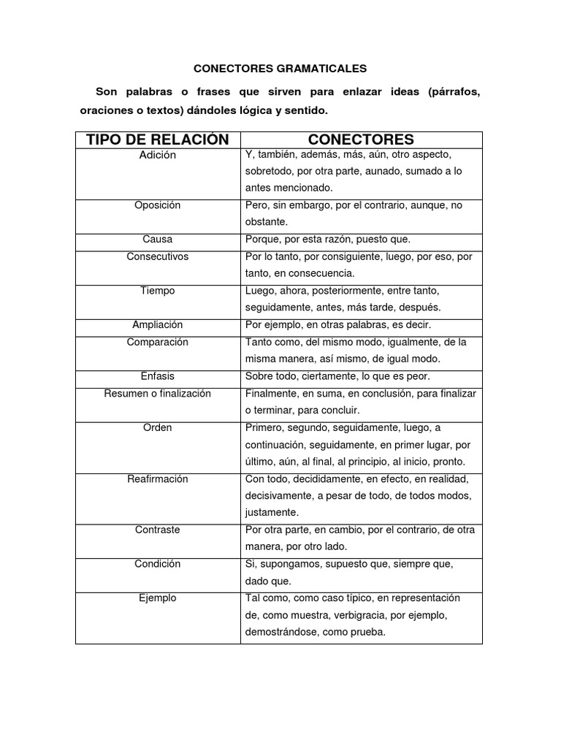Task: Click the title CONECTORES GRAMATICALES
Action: click(x=280, y=69)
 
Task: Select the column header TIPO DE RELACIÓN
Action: click(x=158, y=140)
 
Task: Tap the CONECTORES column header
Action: click(x=361, y=140)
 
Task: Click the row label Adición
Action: click(x=158, y=155)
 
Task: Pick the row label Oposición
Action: click(x=158, y=205)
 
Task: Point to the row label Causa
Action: click(x=158, y=239)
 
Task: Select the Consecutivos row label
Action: click(x=158, y=256)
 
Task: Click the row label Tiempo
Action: click(x=158, y=291)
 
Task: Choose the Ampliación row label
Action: click(x=158, y=324)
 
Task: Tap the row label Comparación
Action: click(x=158, y=342)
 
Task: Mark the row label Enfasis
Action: click(x=158, y=376)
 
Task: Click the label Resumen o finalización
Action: click(x=158, y=393)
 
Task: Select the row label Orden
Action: click(x=158, y=427)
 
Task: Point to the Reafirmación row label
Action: click(x=158, y=478)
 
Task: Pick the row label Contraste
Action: click(x=158, y=530)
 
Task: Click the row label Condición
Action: click(x=158, y=564)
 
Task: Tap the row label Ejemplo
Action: click(x=158, y=598)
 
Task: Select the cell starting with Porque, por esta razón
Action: click(x=328, y=239)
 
